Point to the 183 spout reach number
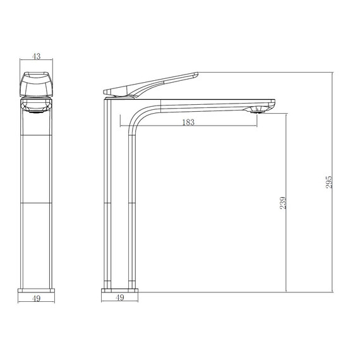[188, 122]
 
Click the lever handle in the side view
[152, 86]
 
